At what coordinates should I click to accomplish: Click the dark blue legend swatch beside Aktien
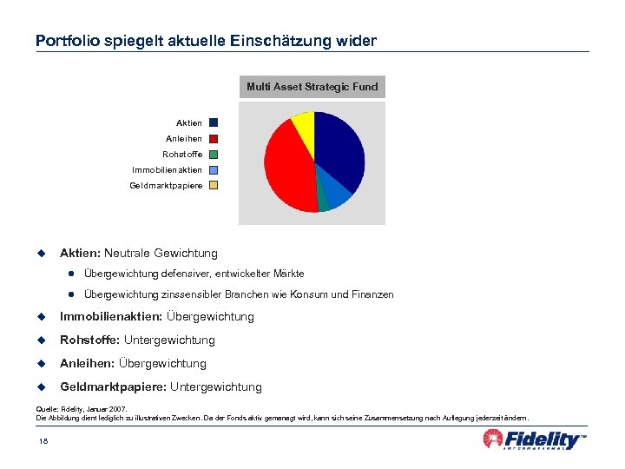tap(214, 123)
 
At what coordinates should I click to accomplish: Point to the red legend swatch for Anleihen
tap(214, 138)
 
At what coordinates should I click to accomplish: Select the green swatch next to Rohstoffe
tap(214, 154)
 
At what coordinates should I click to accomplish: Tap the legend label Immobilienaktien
tap(167, 170)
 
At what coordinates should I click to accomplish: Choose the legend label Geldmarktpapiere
tap(166, 185)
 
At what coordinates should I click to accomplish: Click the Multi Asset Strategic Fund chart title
tap(312, 87)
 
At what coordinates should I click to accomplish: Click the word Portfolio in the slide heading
tap(61, 41)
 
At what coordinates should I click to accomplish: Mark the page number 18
tap(43, 442)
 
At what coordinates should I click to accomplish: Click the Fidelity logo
tap(534, 439)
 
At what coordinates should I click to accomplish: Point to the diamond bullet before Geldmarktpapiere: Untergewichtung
tap(40, 386)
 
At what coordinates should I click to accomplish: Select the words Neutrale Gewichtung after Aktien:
tap(161, 253)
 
